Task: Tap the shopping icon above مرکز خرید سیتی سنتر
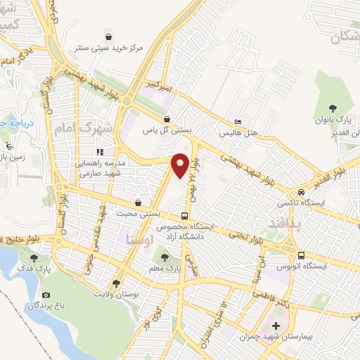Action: [108, 36]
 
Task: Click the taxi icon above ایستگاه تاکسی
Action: [301, 192]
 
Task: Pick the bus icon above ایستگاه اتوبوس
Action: [301, 256]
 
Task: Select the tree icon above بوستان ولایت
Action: [116, 284]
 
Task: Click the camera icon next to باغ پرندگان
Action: [46, 295]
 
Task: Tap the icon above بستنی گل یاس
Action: [167, 119]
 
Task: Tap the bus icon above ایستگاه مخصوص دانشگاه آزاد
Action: [184, 215]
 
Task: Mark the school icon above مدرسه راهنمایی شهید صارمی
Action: [100, 151]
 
